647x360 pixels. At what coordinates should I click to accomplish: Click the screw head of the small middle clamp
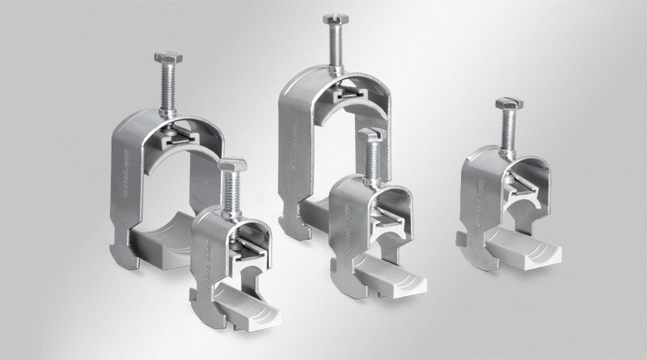pyautogui.click(x=370, y=133)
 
